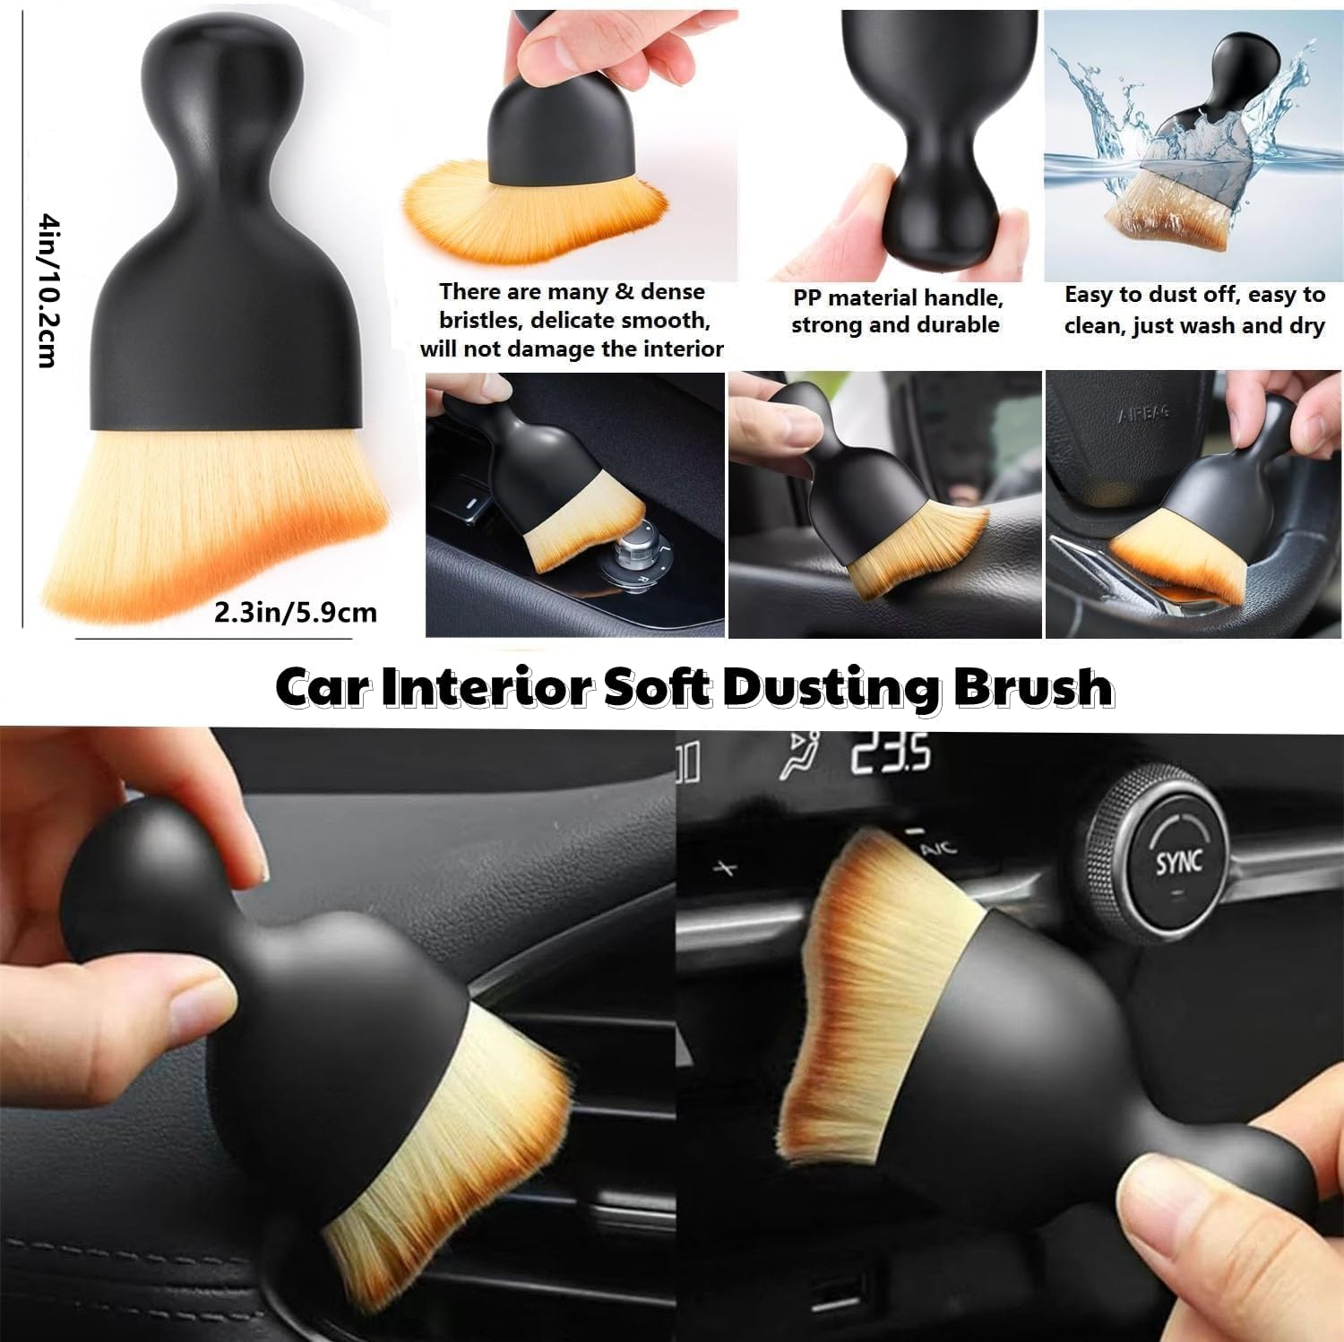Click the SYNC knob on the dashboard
(1177, 862)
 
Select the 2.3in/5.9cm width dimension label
(295, 613)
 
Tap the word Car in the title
(322, 687)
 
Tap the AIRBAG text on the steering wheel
(1143, 415)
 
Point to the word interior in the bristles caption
(681, 348)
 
